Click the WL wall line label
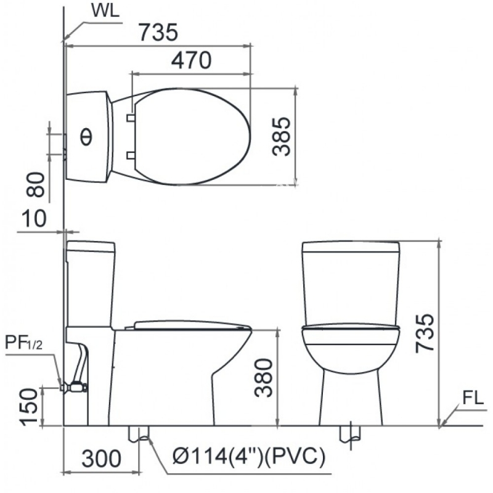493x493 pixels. coord(105,10)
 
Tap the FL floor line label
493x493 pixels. coord(473,397)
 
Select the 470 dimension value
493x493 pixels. coord(191,60)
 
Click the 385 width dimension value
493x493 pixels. coord(282,136)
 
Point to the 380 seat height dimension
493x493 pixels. coord(264,378)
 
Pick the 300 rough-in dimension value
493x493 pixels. coord(101,458)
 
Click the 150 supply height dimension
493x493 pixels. coord(29,407)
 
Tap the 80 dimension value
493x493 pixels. coord(35,184)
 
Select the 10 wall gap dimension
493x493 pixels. coord(34,218)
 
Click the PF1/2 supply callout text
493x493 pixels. coord(23,343)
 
